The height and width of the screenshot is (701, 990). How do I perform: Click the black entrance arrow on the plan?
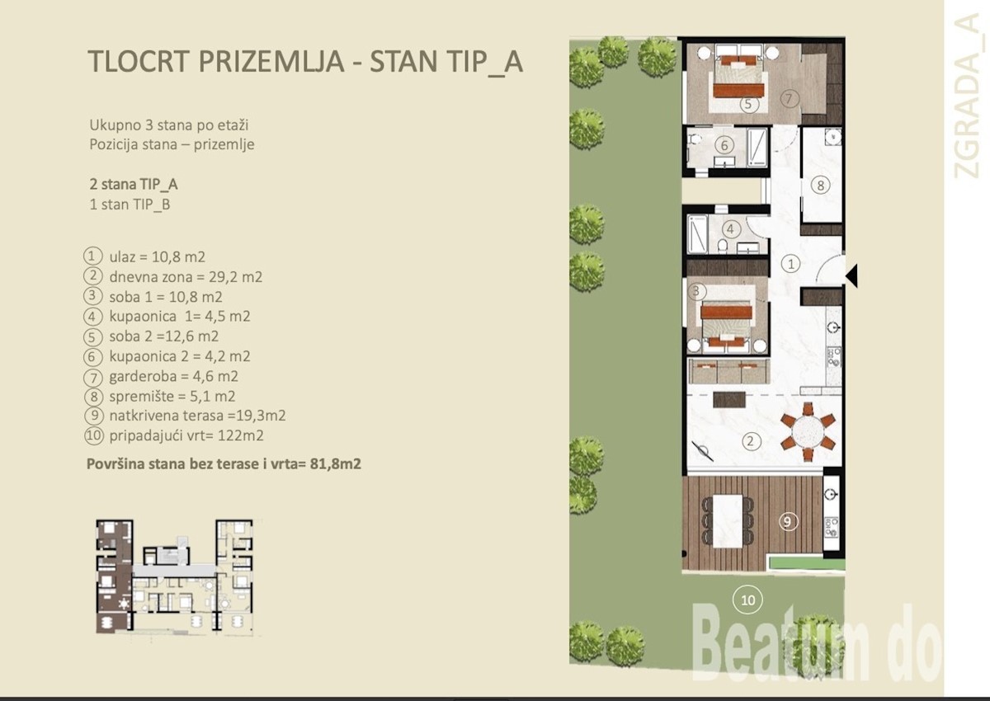tap(852, 276)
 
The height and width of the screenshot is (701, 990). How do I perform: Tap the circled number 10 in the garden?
tap(747, 600)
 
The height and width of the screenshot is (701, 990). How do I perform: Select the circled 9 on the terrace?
tap(788, 522)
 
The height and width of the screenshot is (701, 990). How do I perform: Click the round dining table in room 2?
tap(808, 431)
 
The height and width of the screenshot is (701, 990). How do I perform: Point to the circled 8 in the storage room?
tap(820, 185)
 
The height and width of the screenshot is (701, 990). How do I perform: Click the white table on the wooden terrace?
tap(728, 520)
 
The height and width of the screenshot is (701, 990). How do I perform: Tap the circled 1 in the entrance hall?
tap(790, 264)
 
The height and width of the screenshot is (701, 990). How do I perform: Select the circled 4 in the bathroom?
tap(730, 228)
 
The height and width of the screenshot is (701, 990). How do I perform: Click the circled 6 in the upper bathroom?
tap(724, 145)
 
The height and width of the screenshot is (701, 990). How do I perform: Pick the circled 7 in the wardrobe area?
tap(789, 98)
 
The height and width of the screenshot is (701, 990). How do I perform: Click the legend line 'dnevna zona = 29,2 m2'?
tap(186, 277)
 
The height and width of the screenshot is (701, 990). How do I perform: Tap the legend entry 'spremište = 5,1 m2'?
tap(172, 396)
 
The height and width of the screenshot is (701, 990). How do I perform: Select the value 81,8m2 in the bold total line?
tap(336, 463)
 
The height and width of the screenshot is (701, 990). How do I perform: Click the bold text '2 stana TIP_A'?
tap(134, 184)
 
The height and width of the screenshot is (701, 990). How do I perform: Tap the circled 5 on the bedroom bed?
tap(747, 104)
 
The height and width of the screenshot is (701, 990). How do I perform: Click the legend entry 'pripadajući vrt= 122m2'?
tap(186, 435)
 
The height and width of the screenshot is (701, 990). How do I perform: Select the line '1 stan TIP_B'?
tap(130, 205)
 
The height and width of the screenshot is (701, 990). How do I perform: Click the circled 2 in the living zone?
tap(750, 441)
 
